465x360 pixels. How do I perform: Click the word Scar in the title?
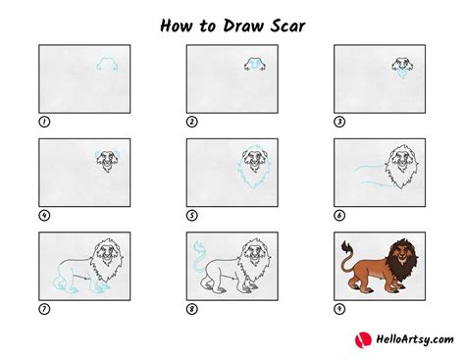click(288, 26)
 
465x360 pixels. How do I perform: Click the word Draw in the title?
click(243, 26)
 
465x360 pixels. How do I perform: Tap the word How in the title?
click(176, 26)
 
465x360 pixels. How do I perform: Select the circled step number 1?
click(44, 122)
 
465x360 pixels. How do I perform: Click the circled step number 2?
click(192, 122)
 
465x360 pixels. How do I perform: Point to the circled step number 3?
click(339, 122)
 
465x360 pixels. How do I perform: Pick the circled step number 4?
click(44, 216)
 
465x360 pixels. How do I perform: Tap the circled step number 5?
click(192, 216)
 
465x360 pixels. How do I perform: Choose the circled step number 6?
click(339, 216)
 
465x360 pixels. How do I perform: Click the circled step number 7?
click(44, 309)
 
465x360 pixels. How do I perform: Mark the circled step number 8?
click(192, 309)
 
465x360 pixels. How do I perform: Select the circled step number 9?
click(339, 309)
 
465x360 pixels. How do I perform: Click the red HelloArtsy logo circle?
click(363, 339)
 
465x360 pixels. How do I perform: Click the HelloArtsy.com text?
click(415, 339)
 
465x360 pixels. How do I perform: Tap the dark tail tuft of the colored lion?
click(345, 247)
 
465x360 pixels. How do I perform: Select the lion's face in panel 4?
click(107, 160)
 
